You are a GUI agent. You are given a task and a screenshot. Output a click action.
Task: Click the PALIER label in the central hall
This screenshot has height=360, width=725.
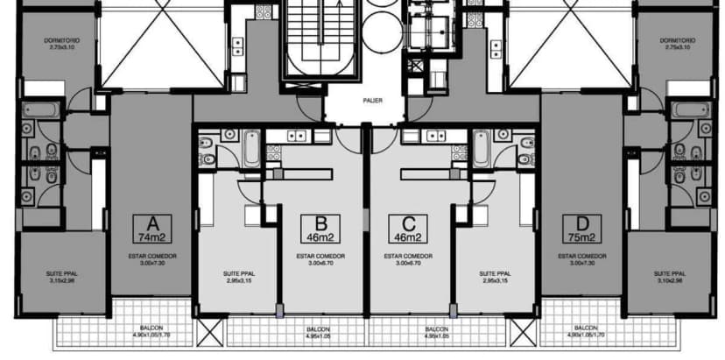(362, 101)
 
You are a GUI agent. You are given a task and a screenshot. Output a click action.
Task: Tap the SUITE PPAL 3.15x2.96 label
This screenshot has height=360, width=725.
(61, 278)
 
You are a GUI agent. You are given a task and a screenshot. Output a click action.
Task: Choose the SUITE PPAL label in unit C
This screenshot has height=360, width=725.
(496, 277)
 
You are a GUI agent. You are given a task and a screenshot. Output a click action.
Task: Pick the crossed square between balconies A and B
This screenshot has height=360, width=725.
(209, 330)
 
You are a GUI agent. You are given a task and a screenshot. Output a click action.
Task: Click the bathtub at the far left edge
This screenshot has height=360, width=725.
(39, 113)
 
